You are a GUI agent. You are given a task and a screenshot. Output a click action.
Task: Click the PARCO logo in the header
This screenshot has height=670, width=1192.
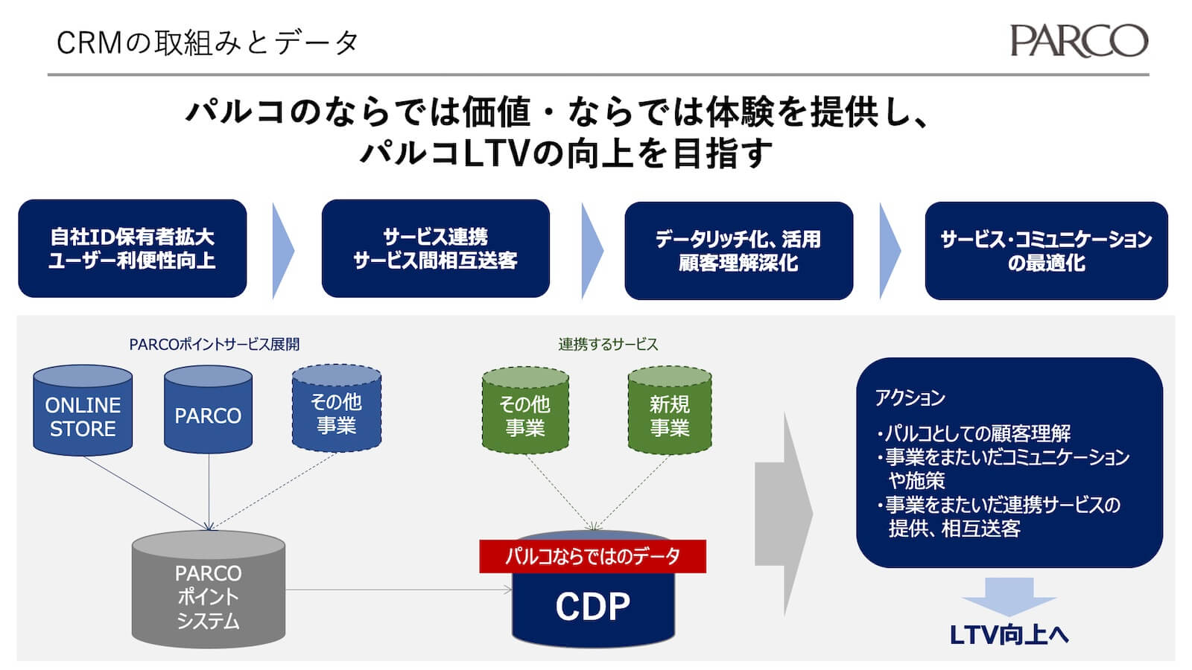click(1078, 41)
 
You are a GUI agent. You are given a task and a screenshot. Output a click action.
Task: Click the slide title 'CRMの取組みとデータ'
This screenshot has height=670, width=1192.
click(208, 42)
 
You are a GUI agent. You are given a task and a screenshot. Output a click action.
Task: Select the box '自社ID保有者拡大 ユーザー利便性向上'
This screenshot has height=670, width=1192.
click(132, 248)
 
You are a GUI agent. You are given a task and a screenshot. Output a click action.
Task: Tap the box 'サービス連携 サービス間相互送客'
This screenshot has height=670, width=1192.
click(435, 248)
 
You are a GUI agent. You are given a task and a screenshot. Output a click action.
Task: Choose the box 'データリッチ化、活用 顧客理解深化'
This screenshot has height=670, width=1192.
click(738, 250)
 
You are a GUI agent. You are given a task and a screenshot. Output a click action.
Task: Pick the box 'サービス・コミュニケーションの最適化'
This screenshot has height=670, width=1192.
click(1046, 250)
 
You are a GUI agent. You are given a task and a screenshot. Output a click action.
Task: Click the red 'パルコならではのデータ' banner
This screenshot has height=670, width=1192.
click(592, 556)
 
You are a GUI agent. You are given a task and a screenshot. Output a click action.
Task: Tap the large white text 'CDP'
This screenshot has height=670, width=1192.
click(592, 607)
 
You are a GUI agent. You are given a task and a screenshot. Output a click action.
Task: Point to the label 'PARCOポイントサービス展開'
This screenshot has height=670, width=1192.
click(215, 344)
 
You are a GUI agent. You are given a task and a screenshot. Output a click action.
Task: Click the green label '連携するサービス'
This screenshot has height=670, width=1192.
click(608, 344)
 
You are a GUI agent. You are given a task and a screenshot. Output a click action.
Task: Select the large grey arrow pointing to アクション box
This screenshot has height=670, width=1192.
click(782, 514)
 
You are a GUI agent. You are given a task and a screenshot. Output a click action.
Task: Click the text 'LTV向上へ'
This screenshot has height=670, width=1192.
click(1009, 635)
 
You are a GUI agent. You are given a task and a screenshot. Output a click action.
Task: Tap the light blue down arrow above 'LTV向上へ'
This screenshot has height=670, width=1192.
click(1009, 595)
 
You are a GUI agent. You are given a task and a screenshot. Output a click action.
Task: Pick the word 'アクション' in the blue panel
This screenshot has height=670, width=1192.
click(910, 398)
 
